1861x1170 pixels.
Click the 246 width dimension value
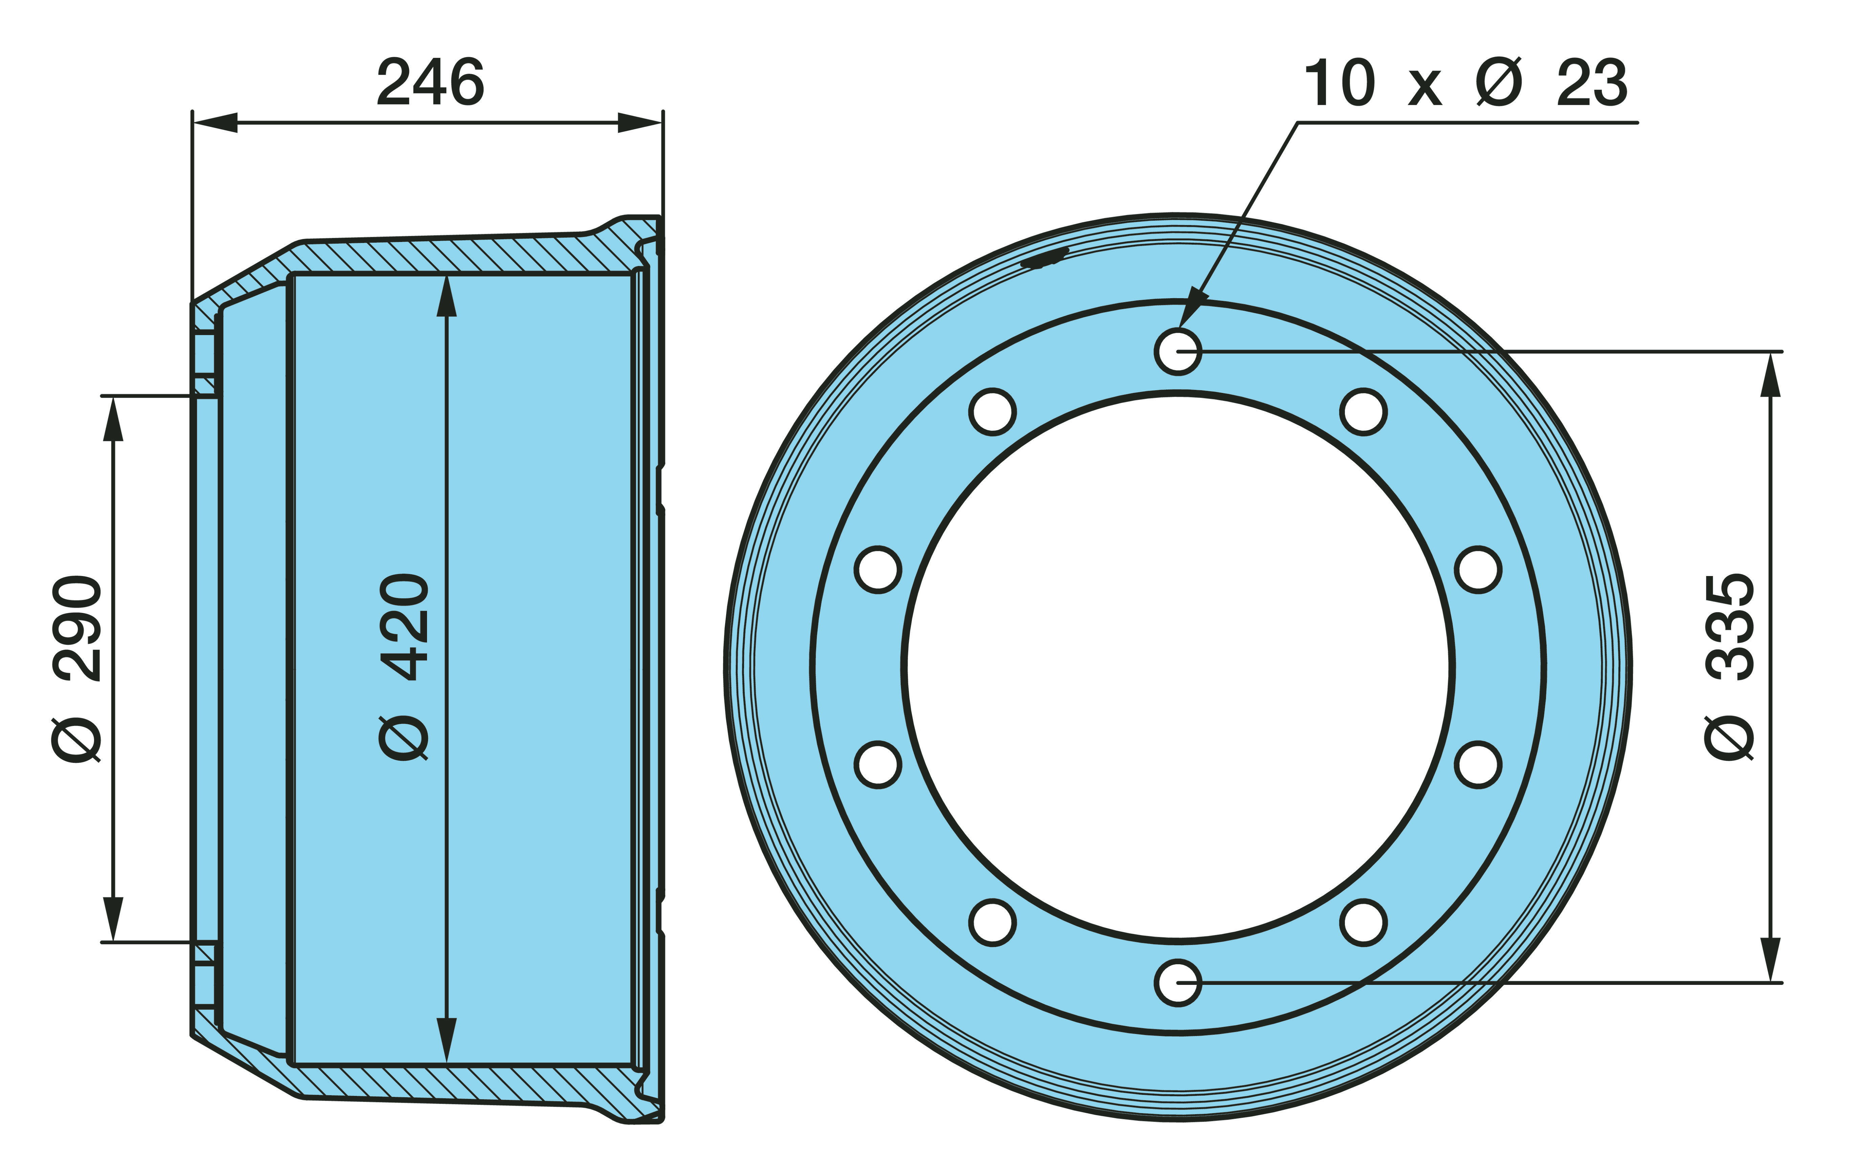click(430, 82)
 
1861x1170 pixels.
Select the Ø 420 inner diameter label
click(404, 667)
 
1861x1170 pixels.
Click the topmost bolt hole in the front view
click(1178, 352)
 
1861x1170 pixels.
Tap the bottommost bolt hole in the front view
click(1178, 983)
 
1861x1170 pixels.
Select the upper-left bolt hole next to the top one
click(992, 412)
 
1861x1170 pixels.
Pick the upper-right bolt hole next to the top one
click(1363, 412)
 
